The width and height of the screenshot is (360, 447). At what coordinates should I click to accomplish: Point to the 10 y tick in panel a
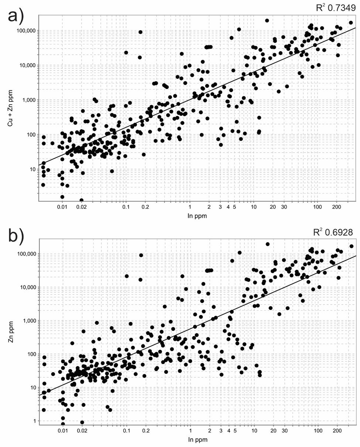point(32,169)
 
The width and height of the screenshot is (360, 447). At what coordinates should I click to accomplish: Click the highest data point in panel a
point(267,21)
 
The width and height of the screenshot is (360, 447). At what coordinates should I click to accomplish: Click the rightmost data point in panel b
point(351,246)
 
